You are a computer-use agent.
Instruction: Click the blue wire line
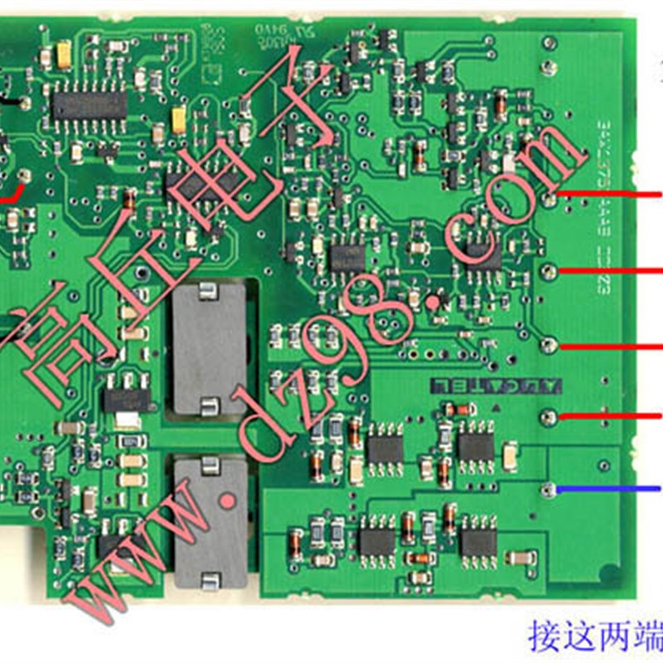[609, 490]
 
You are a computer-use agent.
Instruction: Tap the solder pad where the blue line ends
[548, 491]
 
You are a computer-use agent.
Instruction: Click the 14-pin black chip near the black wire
[90, 104]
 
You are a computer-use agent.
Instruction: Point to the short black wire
[10, 102]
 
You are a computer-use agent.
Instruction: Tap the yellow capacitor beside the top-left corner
[65, 54]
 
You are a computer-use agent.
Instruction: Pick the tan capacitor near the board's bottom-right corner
[520, 558]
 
